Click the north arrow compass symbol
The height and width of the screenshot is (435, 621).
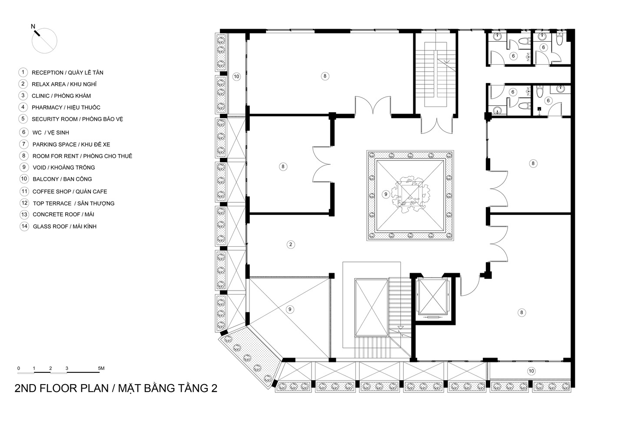[x=45, y=41]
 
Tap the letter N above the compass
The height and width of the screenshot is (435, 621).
[x=33, y=27]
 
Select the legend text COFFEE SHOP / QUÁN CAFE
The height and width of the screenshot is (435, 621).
[x=70, y=191]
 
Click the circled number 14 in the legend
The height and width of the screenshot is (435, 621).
[x=24, y=226]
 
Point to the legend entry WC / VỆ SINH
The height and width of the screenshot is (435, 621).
[x=50, y=133]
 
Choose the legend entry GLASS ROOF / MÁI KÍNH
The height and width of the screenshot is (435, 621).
[x=64, y=227]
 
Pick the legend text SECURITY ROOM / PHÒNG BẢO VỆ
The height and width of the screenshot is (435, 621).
[x=77, y=119]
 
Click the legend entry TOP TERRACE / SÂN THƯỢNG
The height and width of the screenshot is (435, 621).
[x=73, y=203]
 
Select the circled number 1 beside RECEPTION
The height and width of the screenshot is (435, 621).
[x=23, y=73]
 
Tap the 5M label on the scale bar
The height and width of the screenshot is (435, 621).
[x=101, y=368]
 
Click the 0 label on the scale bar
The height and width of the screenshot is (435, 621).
[x=19, y=368]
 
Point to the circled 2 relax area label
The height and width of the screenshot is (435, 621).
[x=291, y=244]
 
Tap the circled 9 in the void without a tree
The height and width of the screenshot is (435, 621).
[x=291, y=309]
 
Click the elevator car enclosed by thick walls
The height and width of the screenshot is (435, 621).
[x=432, y=296]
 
